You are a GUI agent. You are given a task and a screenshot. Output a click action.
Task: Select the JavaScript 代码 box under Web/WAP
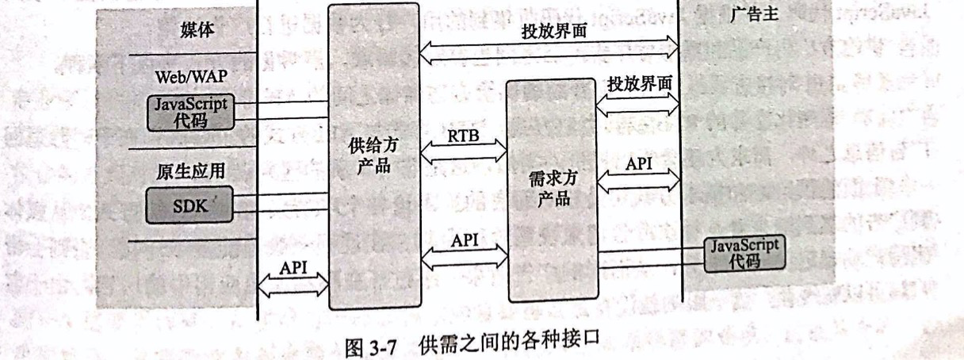[190, 113]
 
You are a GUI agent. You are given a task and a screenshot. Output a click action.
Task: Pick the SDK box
[189, 206]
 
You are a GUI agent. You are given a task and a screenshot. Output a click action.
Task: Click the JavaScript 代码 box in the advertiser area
[743, 253]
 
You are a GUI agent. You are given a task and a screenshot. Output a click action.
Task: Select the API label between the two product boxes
[464, 239]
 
